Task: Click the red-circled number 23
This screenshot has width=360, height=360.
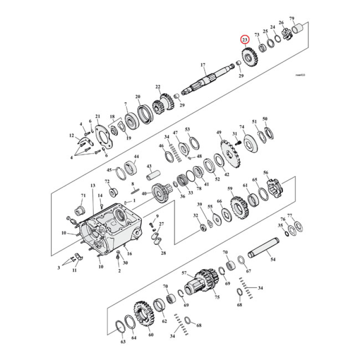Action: [245, 40]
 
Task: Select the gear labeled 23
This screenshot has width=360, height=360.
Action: [247, 57]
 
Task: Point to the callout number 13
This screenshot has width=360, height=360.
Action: [93, 186]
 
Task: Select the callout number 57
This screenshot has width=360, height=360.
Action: [184, 273]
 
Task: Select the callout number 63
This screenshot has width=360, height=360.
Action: [123, 342]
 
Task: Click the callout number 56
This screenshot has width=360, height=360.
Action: [265, 172]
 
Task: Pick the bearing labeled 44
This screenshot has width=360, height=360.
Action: [130, 168]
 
